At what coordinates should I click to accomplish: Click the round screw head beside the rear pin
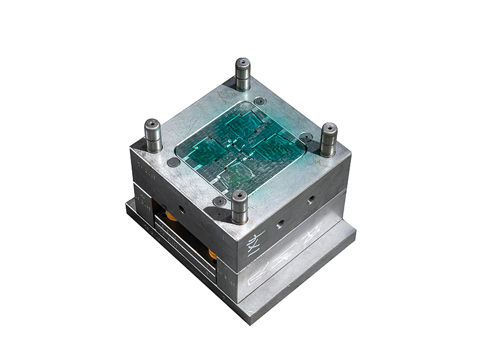click(x=259, y=101)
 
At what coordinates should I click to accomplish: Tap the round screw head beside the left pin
click(x=173, y=162)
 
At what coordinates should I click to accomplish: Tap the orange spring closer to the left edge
click(x=172, y=214)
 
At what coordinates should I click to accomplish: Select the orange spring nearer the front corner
click(x=213, y=253)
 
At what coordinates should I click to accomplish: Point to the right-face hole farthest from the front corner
click(x=311, y=198)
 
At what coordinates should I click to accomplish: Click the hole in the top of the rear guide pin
click(x=242, y=62)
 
